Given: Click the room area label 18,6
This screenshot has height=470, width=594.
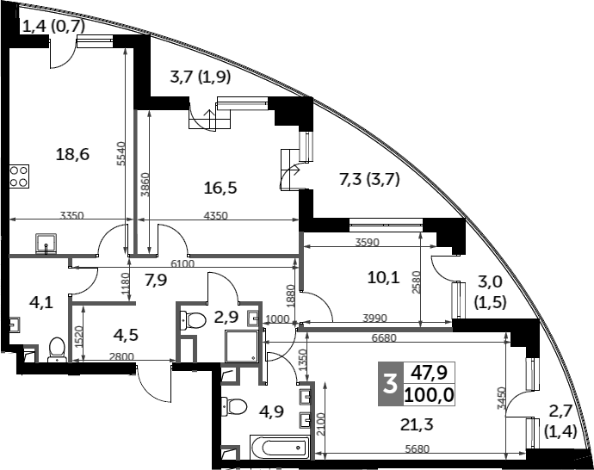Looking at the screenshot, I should [x=72, y=155].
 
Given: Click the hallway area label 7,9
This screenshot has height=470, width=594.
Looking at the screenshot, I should [x=155, y=279].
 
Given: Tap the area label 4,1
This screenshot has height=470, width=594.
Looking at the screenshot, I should [x=40, y=303].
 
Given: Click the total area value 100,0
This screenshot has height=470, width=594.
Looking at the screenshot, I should [x=428, y=395].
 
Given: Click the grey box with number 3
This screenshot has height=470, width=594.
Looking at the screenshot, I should [x=390, y=385].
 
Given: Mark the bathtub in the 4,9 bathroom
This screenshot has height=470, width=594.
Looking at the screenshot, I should [x=278, y=448].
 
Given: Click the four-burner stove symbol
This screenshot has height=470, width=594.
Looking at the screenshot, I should [x=19, y=176].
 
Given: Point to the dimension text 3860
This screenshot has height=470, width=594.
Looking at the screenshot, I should [x=145, y=187].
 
